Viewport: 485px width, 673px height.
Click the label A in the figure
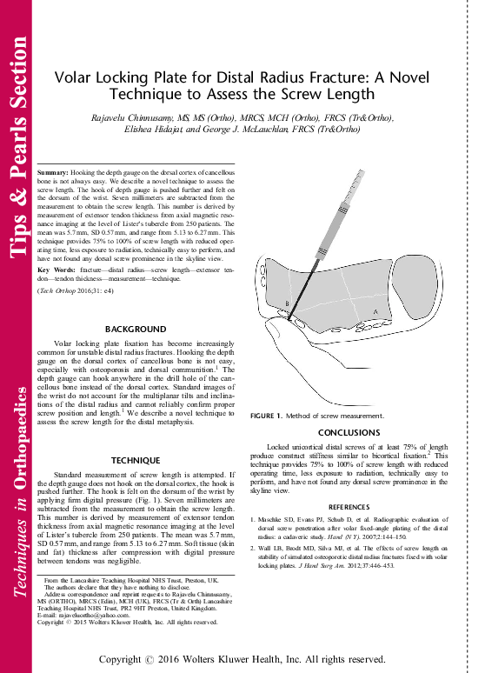click(x=375, y=310)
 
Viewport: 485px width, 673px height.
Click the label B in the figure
click(x=286, y=303)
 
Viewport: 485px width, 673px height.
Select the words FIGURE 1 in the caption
click(x=267, y=418)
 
